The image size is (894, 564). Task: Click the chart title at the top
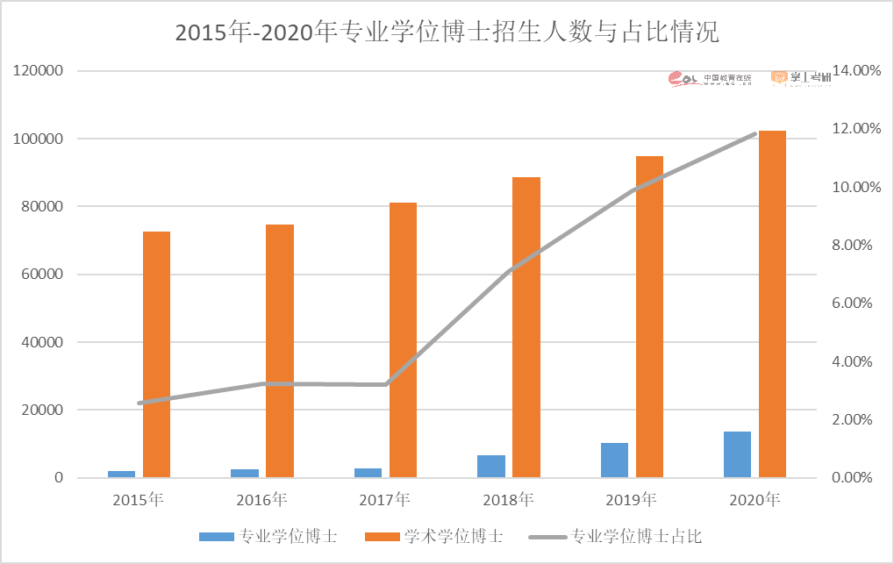(447, 33)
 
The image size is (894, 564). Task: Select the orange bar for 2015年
(156, 354)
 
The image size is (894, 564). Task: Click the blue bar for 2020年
(737, 454)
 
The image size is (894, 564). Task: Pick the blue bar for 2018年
(490, 467)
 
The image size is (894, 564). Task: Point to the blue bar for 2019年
(614, 460)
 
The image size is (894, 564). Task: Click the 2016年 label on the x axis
(261, 501)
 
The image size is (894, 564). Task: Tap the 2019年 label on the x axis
(631, 501)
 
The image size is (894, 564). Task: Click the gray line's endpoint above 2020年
(755, 133)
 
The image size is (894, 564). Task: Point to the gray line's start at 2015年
(139, 403)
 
